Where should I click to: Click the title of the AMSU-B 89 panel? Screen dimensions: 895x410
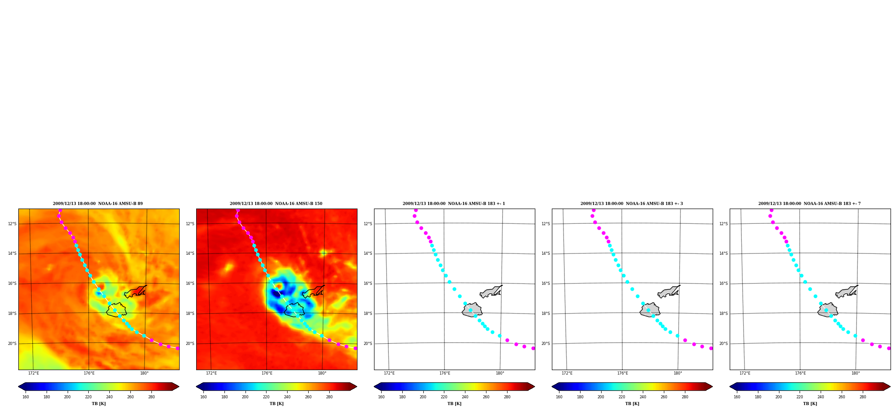tap(98, 204)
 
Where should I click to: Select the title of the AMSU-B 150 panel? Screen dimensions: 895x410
tap(276, 204)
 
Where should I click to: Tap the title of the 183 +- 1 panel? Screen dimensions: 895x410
tap(454, 204)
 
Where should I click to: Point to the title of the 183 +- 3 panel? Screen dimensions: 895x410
tap(632, 204)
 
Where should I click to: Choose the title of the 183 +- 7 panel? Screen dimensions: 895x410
tap(809, 204)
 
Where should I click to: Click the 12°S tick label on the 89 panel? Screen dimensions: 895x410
tap(12, 224)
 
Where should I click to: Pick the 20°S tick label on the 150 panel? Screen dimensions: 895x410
tap(190, 344)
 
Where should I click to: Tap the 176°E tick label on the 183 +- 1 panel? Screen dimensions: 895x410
tap(445, 373)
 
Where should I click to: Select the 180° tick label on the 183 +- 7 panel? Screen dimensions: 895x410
tap(856, 373)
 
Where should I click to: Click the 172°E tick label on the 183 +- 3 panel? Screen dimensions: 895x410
tap(567, 373)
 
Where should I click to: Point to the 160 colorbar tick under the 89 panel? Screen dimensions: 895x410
tap(26, 397)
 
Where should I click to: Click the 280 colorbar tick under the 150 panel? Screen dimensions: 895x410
tap(329, 397)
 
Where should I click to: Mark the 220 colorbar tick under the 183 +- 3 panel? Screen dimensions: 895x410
tap(622, 397)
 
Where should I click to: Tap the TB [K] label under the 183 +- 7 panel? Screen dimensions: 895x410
tap(810, 404)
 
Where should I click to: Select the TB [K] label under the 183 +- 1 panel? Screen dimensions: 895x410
tap(454, 404)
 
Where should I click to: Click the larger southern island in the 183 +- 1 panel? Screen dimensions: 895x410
tap(472, 310)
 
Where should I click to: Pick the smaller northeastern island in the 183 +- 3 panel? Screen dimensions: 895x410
tap(669, 292)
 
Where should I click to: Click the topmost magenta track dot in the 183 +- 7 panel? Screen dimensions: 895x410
tap(771, 210)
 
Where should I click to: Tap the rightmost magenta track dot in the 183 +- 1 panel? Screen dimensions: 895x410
tap(533, 348)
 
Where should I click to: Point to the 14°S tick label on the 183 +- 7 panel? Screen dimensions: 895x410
tap(723, 253)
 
